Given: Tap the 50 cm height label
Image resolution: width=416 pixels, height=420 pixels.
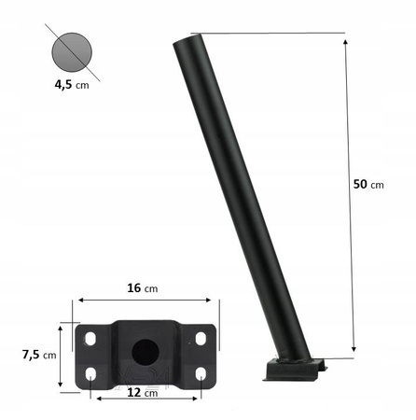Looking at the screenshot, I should point(368,184).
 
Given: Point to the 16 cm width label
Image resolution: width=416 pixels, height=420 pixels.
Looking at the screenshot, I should point(143,287).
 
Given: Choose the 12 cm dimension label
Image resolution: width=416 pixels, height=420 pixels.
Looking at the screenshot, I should point(143,394).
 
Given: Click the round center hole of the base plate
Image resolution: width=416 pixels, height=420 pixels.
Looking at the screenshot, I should point(145,352).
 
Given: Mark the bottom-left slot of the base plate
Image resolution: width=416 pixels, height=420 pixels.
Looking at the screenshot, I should point(90,374).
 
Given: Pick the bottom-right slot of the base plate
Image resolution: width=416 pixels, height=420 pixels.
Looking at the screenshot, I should point(201,374).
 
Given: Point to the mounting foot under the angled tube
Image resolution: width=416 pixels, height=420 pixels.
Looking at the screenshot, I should point(297,371).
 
